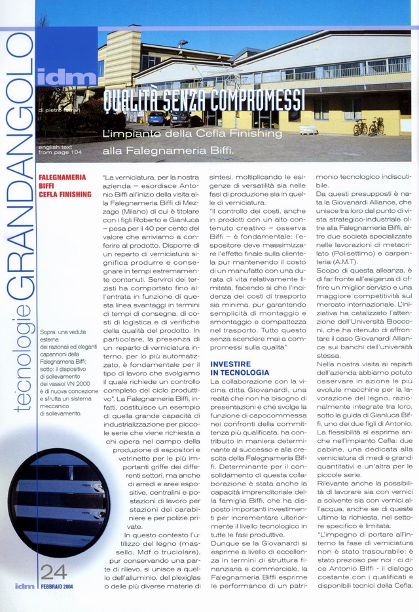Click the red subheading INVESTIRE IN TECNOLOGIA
coord(239,368)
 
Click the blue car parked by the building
coord(156,118)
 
